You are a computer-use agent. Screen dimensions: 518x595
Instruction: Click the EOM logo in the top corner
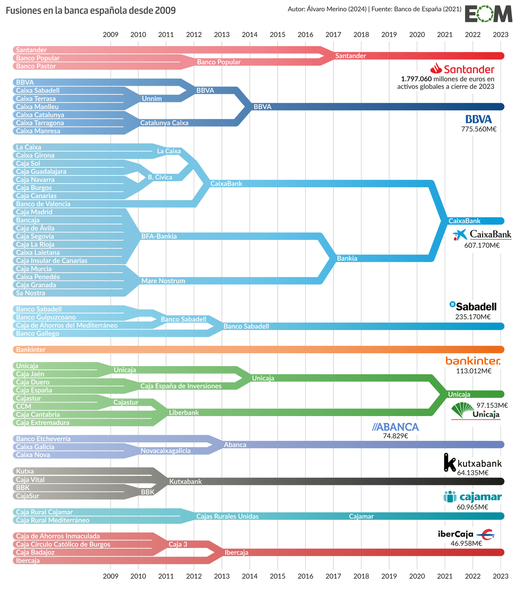[x=488, y=14]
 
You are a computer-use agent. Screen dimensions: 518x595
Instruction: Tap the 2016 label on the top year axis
[x=305, y=35]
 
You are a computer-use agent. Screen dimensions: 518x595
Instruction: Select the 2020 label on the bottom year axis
[x=417, y=576]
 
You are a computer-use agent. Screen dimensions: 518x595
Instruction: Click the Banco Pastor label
[x=36, y=66]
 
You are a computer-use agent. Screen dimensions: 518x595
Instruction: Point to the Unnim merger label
[x=152, y=98]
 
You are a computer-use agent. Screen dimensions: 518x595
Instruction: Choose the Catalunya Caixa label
[x=164, y=123]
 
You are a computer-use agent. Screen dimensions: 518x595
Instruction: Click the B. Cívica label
[x=160, y=177]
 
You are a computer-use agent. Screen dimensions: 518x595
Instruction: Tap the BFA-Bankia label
[x=159, y=236]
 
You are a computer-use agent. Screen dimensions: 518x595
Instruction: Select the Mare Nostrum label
[x=163, y=281]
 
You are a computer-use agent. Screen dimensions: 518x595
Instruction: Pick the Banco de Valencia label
[x=43, y=204]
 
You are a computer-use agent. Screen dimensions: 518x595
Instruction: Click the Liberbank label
[x=184, y=412]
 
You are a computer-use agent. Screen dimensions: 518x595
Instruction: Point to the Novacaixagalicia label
[x=166, y=450]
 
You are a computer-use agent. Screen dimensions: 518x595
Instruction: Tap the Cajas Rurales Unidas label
[x=227, y=516]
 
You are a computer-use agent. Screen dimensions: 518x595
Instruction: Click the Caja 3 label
[x=178, y=544]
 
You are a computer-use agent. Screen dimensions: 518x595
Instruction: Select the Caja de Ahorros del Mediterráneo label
[x=67, y=325]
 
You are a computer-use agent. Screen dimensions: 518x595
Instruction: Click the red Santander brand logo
[x=462, y=69]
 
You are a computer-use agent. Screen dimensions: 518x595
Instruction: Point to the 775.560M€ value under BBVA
[x=479, y=129]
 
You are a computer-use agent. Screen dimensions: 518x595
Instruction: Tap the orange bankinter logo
[x=473, y=361]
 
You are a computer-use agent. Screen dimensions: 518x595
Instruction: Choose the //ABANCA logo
[x=396, y=427]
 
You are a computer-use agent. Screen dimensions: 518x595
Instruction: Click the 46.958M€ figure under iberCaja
[x=466, y=543]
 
